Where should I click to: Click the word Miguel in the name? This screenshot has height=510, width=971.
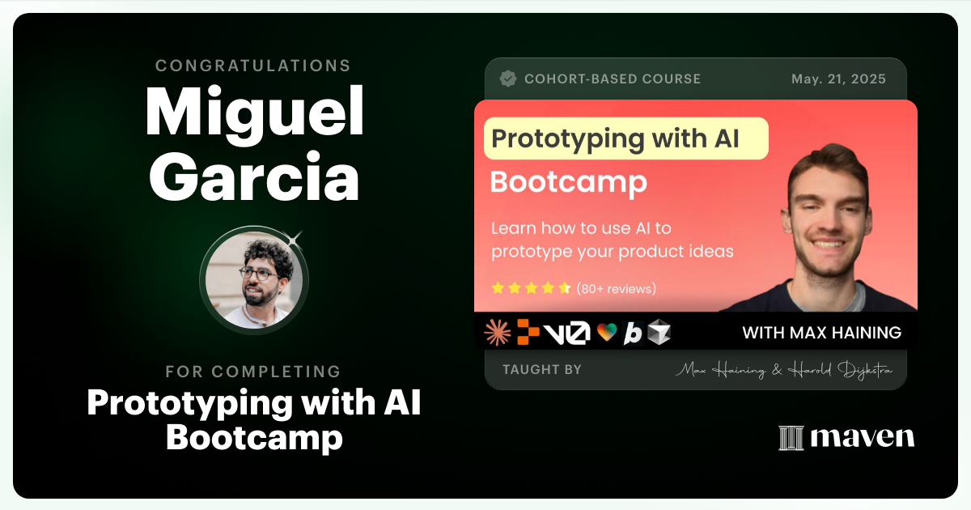tap(254, 112)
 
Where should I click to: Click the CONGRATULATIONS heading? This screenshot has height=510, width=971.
tap(253, 66)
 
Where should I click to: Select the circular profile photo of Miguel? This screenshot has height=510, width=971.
tap(254, 281)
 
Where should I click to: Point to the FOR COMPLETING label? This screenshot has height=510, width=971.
tap(253, 372)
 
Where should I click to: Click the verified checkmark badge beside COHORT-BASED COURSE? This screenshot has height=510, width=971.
tap(508, 79)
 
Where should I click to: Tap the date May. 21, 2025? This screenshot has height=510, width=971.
tap(838, 79)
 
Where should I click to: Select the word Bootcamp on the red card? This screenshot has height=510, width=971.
tap(568, 182)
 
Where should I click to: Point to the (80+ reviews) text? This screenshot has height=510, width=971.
tap(616, 288)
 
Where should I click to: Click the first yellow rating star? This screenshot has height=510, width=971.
tap(498, 288)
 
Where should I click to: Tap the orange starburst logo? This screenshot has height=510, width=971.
tap(497, 332)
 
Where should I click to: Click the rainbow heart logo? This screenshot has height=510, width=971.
tap(606, 333)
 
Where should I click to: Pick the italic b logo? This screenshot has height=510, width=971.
tap(632, 333)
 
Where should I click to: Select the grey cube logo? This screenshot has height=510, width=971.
tap(659, 332)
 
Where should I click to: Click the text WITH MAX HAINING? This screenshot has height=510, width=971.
tap(821, 333)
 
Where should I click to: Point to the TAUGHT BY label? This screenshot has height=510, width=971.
tap(541, 370)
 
